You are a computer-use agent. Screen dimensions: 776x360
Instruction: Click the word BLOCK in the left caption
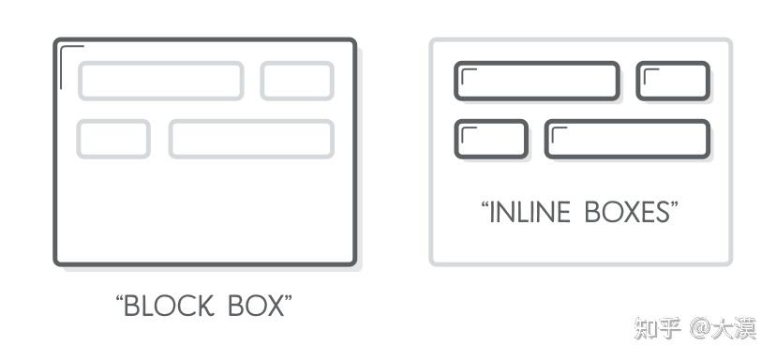click(169, 306)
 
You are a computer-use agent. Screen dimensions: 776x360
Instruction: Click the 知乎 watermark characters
click(658, 328)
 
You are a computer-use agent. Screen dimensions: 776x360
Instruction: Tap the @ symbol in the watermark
click(700, 328)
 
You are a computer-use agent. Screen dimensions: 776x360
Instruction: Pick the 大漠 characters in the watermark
click(734, 328)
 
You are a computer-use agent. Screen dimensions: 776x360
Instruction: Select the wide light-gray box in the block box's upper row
click(161, 81)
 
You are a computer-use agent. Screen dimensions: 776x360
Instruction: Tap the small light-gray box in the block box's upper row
click(297, 81)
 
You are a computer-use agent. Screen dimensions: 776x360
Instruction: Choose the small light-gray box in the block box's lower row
click(113, 139)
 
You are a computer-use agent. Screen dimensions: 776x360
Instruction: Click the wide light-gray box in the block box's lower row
click(251, 139)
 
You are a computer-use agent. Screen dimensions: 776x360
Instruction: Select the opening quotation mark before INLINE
click(485, 205)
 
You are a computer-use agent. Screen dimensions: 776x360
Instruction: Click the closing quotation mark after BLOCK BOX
click(288, 299)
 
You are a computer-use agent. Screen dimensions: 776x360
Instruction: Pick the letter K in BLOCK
click(206, 306)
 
